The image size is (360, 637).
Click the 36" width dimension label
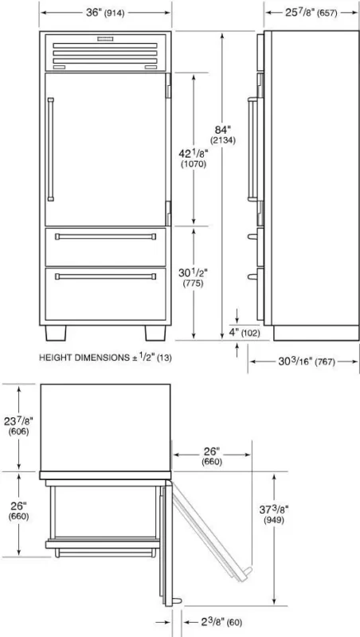(105, 13)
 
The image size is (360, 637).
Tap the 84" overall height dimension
(223, 135)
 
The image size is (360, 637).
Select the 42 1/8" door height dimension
(193, 158)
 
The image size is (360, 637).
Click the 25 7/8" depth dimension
(311, 13)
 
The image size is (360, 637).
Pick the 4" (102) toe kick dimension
(245, 333)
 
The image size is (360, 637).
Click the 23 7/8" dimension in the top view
(18, 426)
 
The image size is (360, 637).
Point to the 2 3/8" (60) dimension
(217, 622)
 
